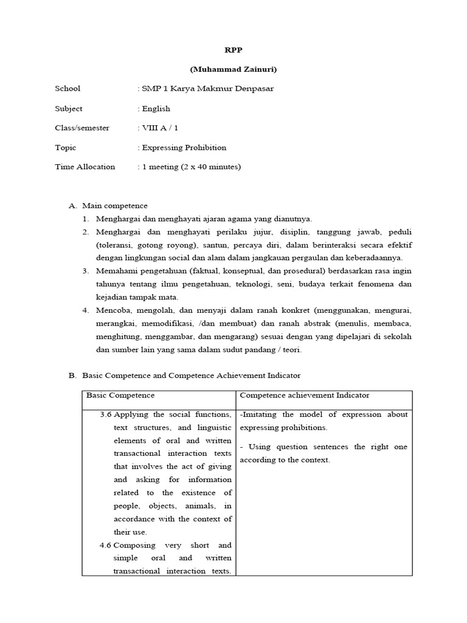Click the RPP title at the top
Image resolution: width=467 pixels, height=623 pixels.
click(x=233, y=50)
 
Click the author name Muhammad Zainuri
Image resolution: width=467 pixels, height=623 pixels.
click(x=233, y=69)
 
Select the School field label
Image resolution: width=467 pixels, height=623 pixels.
click(x=67, y=89)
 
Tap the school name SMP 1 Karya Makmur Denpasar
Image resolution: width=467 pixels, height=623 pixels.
click(x=207, y=89)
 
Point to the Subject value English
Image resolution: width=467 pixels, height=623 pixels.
click(x=156, y=108)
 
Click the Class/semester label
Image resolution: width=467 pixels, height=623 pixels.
click(x=82, y=128)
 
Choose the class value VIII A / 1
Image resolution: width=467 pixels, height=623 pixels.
click(x=160, y=128)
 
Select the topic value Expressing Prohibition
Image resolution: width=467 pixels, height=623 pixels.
click(x=184, y=147)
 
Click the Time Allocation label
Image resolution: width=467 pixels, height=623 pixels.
click(x=85, y=167)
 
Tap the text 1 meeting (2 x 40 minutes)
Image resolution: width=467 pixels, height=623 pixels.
click(x=191, y=167)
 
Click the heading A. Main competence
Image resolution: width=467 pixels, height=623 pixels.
click(x=108, y=206)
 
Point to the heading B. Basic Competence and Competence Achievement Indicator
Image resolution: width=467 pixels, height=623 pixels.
click(x=184, y=375)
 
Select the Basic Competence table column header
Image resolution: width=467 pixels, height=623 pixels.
click(x=120, y=395)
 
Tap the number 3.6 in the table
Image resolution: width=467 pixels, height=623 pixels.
click(x=106, y=415)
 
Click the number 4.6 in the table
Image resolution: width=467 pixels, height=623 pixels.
click(x=106, y=545)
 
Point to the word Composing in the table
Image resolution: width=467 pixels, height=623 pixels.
click(x=135, y=545)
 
